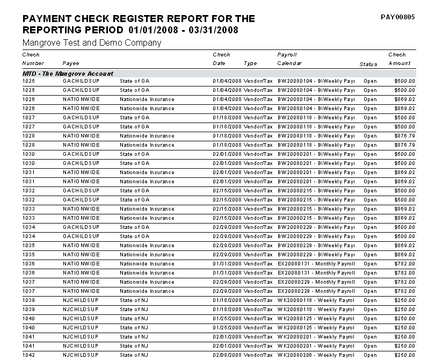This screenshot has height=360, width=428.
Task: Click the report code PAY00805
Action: [397, 17]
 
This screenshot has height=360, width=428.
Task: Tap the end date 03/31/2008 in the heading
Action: [214, 30]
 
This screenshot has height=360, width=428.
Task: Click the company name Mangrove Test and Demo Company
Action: [92, 43]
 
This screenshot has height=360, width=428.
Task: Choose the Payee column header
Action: [71, 63]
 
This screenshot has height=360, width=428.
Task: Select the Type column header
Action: [250, 63]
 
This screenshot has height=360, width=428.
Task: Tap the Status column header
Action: [368, 64]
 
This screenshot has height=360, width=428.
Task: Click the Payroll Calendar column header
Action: [289, 59]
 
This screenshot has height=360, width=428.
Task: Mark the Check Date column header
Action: [221, 59]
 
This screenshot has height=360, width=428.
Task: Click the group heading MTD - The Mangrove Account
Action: [68, 74]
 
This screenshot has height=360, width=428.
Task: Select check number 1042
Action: [28, 355]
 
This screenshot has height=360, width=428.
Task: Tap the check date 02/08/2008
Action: [227, 355]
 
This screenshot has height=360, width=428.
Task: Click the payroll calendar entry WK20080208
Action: [295, 355]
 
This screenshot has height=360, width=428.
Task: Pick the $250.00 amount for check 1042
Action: [405, 355]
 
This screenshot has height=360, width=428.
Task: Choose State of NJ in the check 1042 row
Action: [134, 355]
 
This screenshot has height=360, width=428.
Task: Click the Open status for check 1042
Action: [370, 355]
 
